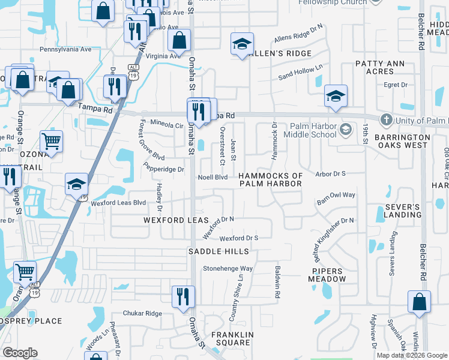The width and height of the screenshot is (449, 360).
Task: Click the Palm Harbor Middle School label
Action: tap(313, 130)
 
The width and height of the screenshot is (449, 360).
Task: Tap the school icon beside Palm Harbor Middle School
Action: tap(346, 130)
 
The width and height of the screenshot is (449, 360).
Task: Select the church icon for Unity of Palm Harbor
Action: tap(387, 121)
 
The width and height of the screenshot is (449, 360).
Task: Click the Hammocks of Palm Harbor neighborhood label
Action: tap(270, 179)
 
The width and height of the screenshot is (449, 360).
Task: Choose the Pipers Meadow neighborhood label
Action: tap(328, 275)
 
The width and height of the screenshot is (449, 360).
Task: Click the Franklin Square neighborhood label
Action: tap(231, 338)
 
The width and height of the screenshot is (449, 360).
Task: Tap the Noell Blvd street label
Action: tap(213, 178)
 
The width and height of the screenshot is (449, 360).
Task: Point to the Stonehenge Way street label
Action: tap(228, 269)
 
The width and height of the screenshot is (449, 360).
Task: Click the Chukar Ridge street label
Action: tap(142, 313)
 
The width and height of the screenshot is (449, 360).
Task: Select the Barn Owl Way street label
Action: tap(336, 195)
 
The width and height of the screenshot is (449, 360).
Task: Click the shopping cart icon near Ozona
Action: tap(52, 142)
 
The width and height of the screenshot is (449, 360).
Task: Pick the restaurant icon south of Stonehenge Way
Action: tap(183, 296)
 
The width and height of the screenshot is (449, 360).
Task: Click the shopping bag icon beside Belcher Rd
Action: tap(419, 301)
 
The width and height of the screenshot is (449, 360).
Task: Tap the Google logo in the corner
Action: tap(20, 353)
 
